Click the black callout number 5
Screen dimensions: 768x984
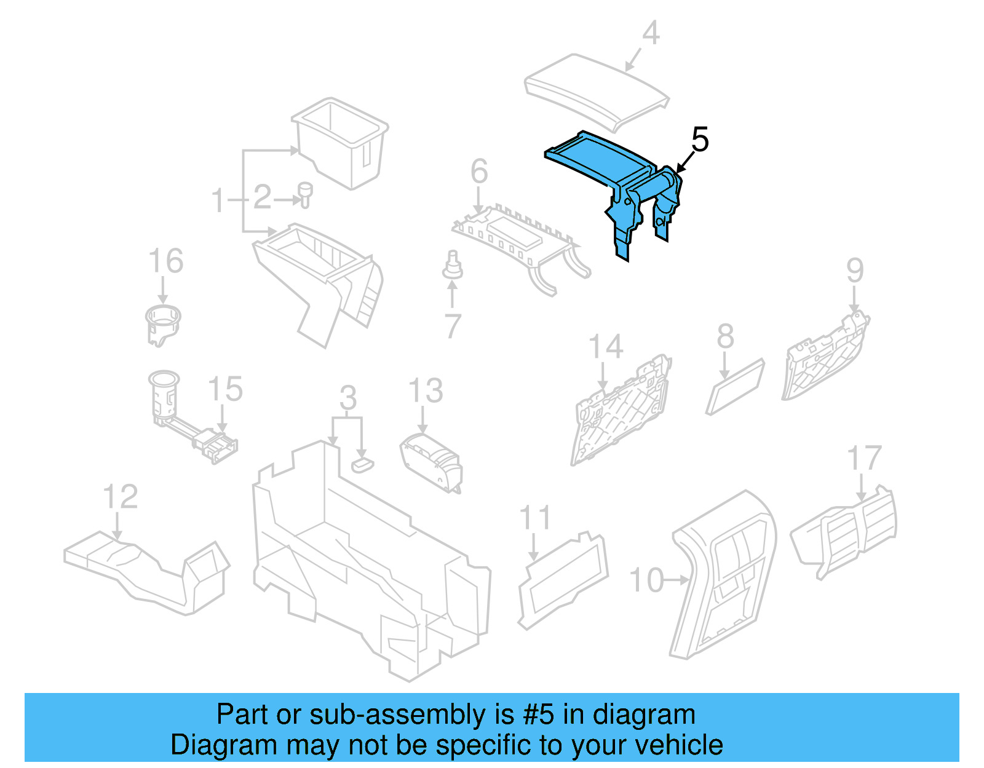click(700, 140)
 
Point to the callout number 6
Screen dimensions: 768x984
click(479, 172)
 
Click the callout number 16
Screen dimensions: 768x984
click(166, 261)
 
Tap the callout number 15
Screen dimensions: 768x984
click(225, 389)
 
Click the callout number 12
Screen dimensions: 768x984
click(120, 496)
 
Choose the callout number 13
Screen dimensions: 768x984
click(426, 391)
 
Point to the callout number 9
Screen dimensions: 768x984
click(855, 270)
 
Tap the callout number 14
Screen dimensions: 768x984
click(606, 347)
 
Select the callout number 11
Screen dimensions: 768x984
click(535, 518)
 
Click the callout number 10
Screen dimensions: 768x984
click(646, 580)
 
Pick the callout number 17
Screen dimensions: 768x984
click(864, 459)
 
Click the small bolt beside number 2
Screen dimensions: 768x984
click(304, 194)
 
